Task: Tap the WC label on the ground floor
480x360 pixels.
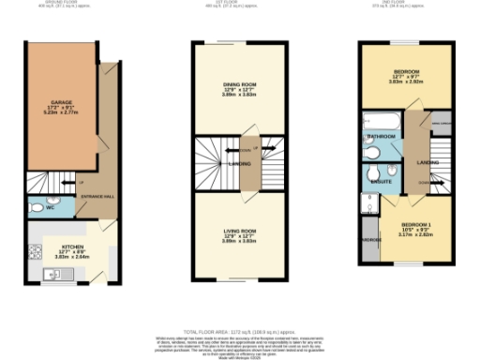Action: pos(37,207)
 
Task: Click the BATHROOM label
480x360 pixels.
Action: pos(381,137)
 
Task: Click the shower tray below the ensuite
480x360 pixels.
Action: pos(368,204)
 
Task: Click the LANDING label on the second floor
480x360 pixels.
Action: pos(427,163)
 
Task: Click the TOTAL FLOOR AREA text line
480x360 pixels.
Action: pos(240,331)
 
